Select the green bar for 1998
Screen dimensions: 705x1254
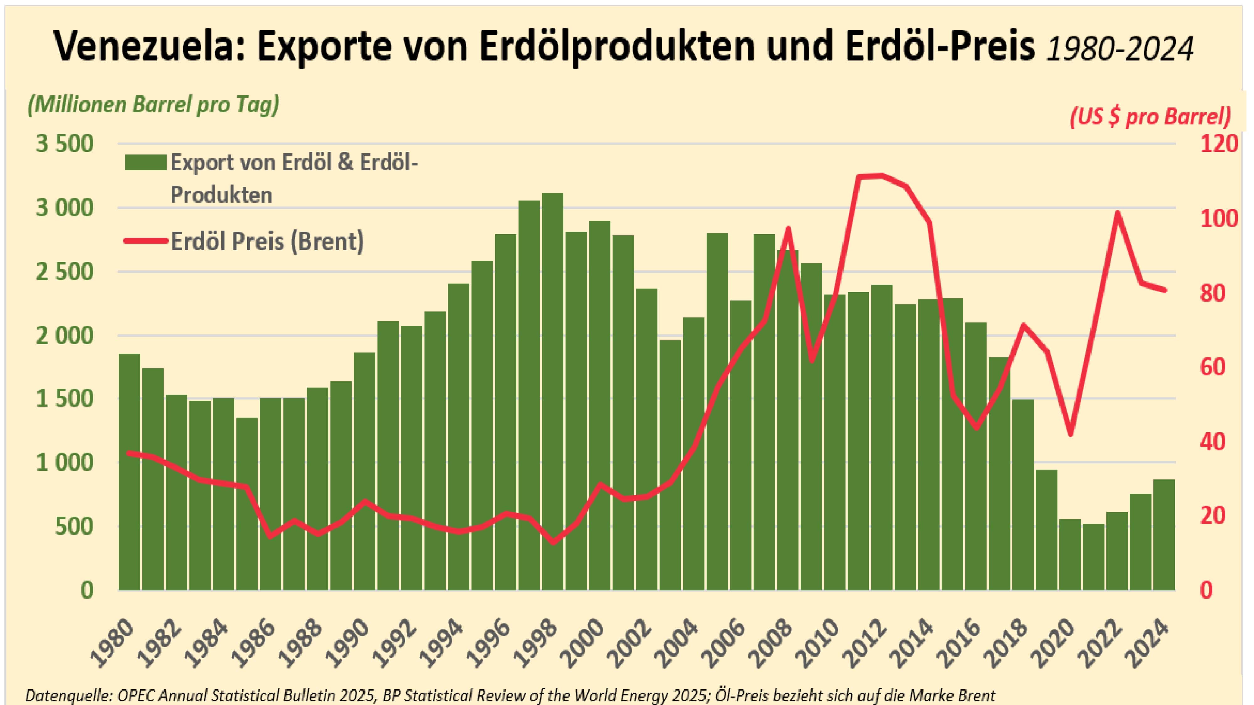[x=552, y=389]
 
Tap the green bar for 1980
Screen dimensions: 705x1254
[x=129, y=472]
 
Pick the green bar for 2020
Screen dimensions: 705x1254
[x=1070, y=555]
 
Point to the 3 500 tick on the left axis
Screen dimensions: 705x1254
[x=65, y=144]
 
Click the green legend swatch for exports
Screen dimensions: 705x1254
[x=145, y=163]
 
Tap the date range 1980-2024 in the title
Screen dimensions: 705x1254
[x=1120, y=48]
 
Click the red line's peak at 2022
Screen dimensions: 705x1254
[x=1118, y=213]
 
